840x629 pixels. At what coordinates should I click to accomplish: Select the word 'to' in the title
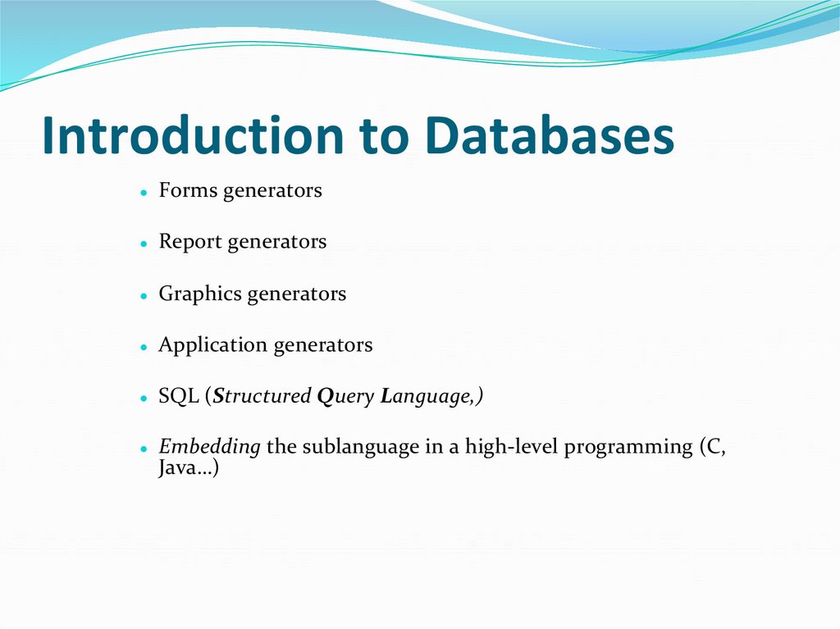382,137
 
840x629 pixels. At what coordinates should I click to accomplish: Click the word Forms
188,191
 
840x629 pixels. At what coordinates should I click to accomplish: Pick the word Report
190,243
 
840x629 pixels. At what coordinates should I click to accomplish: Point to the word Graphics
200,294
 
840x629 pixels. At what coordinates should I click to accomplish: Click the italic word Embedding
209,448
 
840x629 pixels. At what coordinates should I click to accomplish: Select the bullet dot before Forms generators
143,194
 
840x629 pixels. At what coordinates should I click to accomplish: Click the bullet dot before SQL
143,399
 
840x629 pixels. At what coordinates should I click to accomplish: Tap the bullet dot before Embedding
143,450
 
